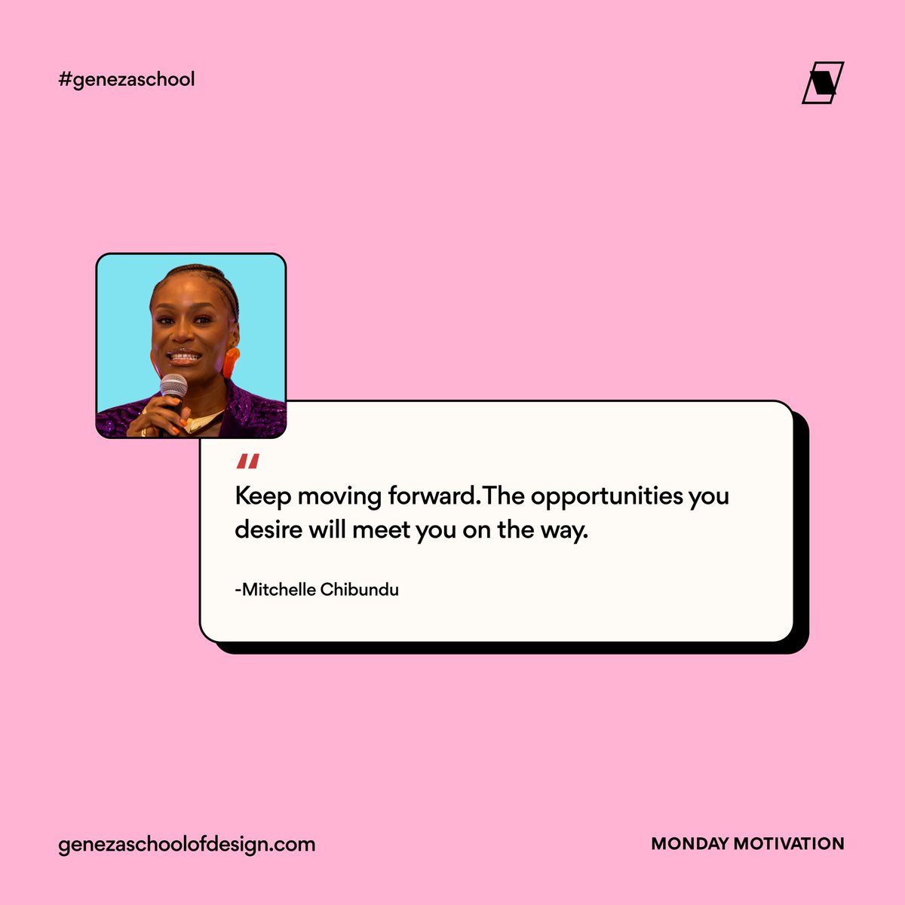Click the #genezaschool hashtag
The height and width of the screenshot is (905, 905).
[x=127, y=79]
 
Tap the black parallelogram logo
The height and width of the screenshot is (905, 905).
[x=822, y=82]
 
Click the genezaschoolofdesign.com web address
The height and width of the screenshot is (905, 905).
[x=186, y=844]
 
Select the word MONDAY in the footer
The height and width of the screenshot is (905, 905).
[x=689, y=844]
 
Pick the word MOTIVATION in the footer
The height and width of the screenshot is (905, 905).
[x=789, y=844]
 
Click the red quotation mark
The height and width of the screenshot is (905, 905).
[x=247, y=462]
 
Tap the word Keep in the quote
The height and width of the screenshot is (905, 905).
[x=263, y=497]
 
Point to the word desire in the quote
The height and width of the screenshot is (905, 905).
[x=268, y=530]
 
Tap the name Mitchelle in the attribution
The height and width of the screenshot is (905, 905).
[x=277, y=590]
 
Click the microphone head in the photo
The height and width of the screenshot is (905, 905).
[x=173, y=385]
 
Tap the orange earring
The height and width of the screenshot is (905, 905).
[x=230, y=362]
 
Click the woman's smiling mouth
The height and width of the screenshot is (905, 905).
[x=183, y=356]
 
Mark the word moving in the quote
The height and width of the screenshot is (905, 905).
[x=339, y=497]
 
